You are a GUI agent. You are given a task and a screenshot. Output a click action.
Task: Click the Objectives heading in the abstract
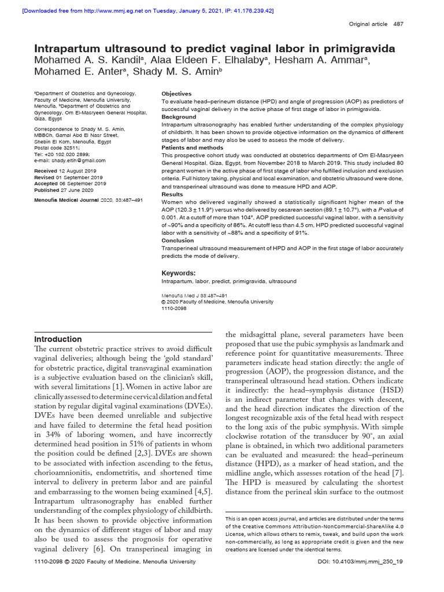tap(176, 93)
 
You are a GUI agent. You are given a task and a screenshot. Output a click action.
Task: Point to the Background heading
tap(179, 117)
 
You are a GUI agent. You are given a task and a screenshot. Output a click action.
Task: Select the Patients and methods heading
tap(193, 147)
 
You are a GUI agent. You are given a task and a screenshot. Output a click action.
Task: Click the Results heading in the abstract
tap(172, 195)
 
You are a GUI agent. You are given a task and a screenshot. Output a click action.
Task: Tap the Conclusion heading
tap(177, 240)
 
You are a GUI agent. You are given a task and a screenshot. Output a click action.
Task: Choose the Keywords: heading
tap(178, 273)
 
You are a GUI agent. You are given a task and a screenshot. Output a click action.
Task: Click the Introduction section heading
tap(58, 339)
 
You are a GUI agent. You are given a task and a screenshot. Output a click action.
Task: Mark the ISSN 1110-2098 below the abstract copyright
tap(174, 308)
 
